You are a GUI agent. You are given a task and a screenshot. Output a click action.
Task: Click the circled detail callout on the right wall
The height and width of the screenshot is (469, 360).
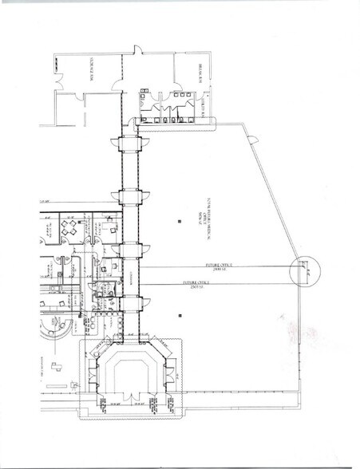[x=304, y=273]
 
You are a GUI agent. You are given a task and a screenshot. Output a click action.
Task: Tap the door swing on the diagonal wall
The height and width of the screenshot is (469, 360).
[x=253, y=141]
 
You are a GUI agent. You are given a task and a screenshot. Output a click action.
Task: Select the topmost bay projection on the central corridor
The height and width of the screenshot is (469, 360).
[x=130, y=144]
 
